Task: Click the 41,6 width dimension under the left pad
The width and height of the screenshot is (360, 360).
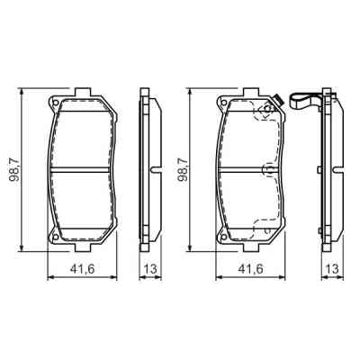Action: point(83,267)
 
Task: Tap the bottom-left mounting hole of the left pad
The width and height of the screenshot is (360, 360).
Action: point(54,238)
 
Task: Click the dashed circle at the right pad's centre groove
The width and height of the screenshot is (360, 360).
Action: point(266,169)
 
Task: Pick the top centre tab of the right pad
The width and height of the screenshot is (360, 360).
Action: point(252,93)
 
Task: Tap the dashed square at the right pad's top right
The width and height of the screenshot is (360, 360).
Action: point(266,113)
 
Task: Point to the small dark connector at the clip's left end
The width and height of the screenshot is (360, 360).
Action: point(280,99)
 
